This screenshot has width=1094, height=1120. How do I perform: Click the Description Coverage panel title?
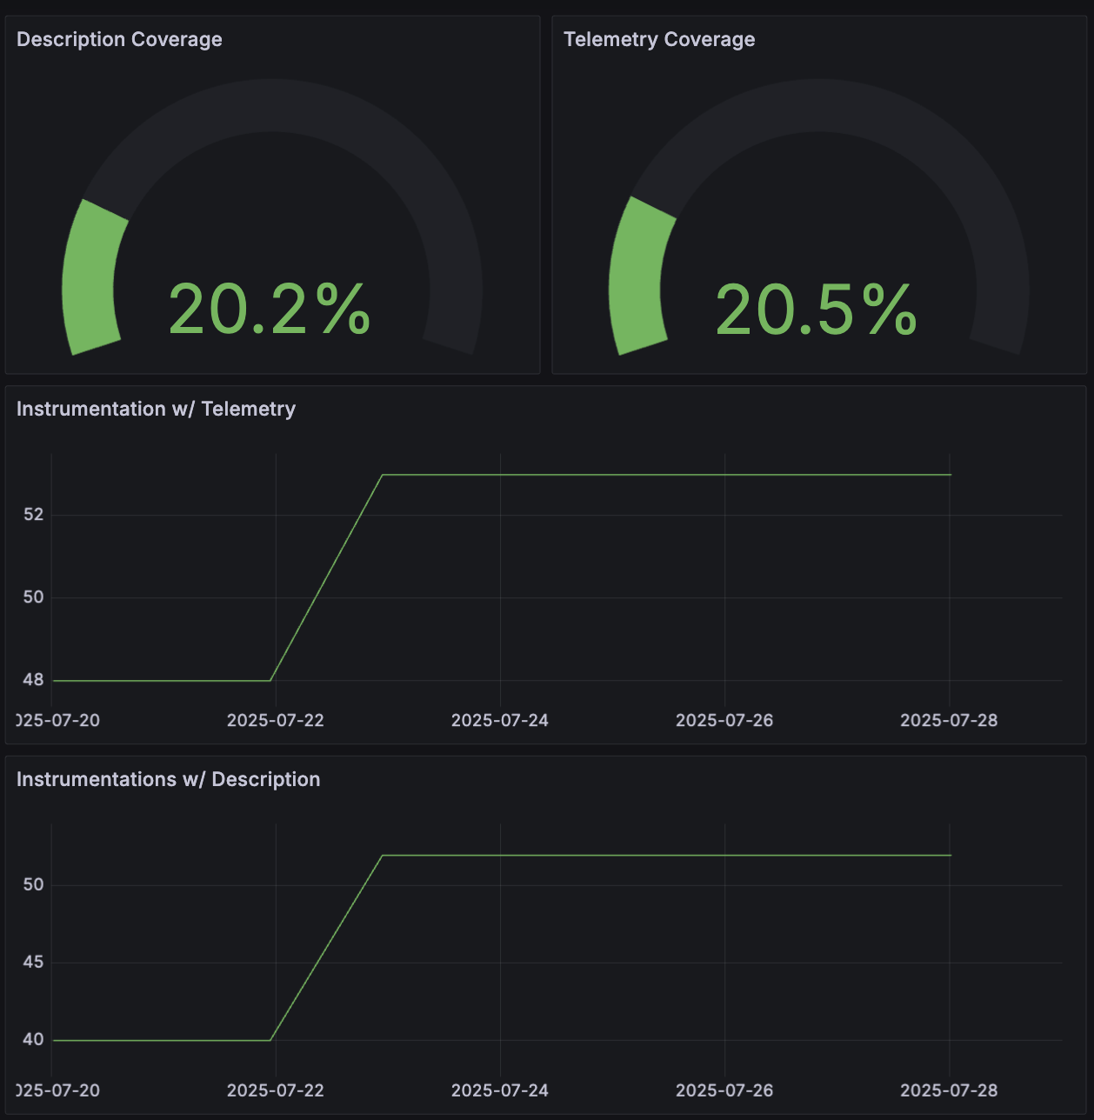point(119,40)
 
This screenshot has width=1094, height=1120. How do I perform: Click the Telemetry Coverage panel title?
point(659,40)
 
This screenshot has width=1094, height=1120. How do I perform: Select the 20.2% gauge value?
point(270,310)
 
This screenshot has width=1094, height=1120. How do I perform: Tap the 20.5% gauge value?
point(816,310)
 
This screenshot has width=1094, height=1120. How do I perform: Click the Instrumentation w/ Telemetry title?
point(156,410)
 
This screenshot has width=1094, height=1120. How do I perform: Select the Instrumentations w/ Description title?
point(168,780)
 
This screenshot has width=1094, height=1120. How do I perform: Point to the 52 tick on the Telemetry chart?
point(33,515)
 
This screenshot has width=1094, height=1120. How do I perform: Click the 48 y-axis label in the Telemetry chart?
point(33,680)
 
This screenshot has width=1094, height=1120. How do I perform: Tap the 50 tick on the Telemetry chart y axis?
point(33,597)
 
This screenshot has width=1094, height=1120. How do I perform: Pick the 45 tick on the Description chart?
point(33,963)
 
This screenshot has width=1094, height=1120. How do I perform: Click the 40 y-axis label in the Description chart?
point(33,1040)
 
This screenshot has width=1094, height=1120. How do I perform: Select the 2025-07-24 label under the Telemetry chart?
point(500,721)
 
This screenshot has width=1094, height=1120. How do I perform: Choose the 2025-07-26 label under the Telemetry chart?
point(724,721)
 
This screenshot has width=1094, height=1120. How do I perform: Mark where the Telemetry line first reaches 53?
point(383,475)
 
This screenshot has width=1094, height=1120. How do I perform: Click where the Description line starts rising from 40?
point(271,1040)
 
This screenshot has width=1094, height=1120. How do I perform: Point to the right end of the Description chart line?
point(951,856)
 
